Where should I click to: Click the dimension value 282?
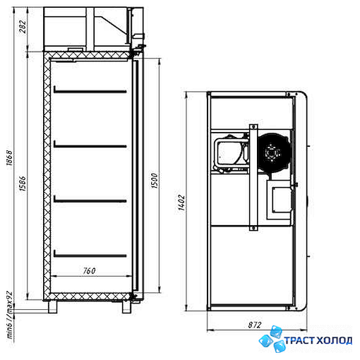23,27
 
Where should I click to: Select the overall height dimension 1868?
9,157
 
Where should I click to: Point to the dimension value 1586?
23,183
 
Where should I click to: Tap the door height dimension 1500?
155,181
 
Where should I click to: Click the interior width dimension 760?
89,271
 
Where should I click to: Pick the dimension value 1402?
181,203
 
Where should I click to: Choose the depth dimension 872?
255,325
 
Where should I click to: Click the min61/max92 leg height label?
10,315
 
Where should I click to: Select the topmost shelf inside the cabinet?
90,90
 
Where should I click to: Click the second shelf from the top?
90,145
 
